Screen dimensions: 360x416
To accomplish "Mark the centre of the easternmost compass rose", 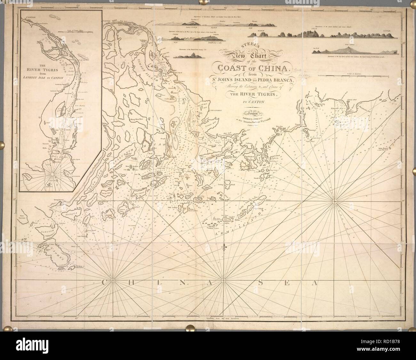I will pyautogui.click(x=334, y=201).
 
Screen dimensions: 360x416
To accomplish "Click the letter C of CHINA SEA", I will pyautogui.click(x=105, y=282).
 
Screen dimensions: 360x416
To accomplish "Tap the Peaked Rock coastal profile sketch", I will pyautogui.click(x=189, y=56).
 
